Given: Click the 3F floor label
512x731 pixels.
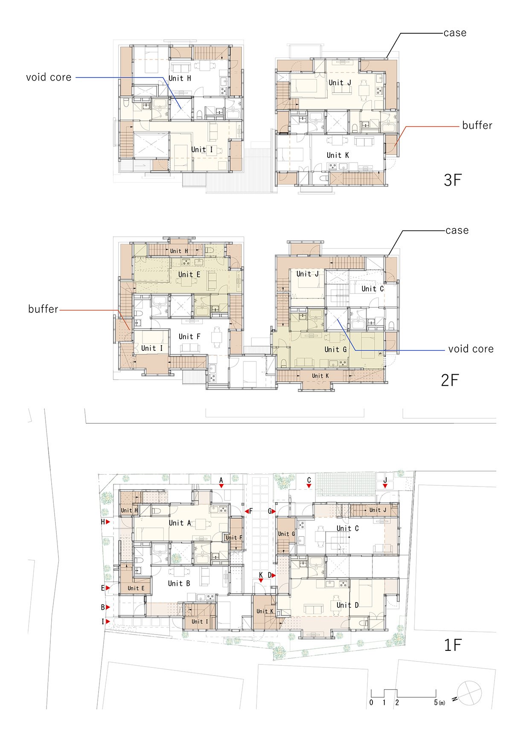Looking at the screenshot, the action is pyautogui.click(x=453, y=180).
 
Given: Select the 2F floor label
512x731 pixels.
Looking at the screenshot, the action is pyautogui.click(x=450, y=380).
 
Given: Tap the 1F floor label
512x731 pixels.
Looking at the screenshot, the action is pyautogui.click(x=453, y=645).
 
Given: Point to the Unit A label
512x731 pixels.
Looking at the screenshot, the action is pyautogui.click(x=180, y=523).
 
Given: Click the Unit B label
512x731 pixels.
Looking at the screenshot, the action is pyautogui.click(x=179, y=583).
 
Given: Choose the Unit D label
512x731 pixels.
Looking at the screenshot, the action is pyautogui.click(x=348, y=605).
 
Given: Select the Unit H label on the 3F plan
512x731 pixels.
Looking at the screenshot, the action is pyautogui.click(x=180, y=79).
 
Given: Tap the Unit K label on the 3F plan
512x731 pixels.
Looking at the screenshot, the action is pyautogui.click(x=338, y=155).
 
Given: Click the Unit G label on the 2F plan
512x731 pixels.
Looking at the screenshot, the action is pyautogui.click(x=335, y=349).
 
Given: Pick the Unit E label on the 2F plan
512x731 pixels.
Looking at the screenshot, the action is pyautogui.click(x=189, y=274).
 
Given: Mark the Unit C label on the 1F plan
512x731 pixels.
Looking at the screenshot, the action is pyautogui.click(x=348, y=528).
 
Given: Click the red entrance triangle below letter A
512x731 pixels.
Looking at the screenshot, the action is pyautogui.click(x=221, y=486).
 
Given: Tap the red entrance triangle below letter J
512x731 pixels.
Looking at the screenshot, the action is pyautogui.click(x=385, y=486).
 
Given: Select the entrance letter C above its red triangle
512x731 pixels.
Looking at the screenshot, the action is pyautogui.click(x=309, y=480).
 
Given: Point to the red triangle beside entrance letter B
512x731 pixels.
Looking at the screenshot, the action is pyautogui.click(x=108, y=607).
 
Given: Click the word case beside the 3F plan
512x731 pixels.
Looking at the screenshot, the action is pyautogui.click(x=455, y=33).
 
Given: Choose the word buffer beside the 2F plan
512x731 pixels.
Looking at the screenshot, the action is pyautogui.click(x=43, y=309).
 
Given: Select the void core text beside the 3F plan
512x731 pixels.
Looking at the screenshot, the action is pyautogui.click(x=49, y=77).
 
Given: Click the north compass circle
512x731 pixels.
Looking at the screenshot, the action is pyautogui.click(x=469, y=693).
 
